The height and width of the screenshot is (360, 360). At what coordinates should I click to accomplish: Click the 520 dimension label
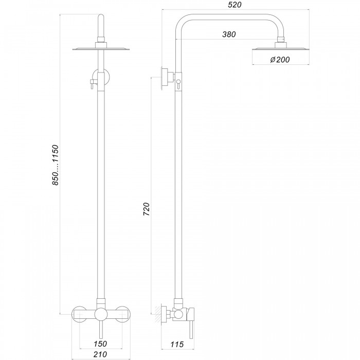[x=235, y=5]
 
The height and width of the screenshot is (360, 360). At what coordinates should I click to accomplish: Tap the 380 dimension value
[x=229, y=34]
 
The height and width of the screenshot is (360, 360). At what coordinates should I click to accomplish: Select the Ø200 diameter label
[x=280, y=60]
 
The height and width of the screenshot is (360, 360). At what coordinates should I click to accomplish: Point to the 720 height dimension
[x=147, y=209]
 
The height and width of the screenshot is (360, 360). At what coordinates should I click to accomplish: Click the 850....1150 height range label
[x=56, y=165]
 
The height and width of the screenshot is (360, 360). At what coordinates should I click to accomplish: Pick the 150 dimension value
[x=100, y=344]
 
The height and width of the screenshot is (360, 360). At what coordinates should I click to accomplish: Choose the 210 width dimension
[x=100, y=354]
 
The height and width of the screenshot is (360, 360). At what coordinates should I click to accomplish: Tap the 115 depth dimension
[x=177, y=344]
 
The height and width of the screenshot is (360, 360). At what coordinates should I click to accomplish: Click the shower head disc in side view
[x=281, y=49]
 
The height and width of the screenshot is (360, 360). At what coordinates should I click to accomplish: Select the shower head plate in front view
[x=101, y=49]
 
